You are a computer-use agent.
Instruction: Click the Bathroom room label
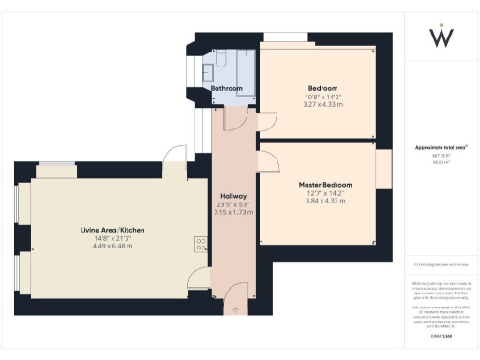226,89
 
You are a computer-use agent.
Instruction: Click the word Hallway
233,196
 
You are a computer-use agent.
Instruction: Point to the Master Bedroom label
325,185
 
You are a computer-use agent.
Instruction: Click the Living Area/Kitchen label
112,230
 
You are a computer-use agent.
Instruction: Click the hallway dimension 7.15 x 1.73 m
233,212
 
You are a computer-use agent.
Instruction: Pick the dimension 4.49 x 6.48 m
112,246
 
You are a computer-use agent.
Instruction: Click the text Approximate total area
440,148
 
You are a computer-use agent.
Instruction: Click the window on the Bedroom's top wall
289,37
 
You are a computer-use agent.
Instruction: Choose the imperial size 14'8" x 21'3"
112,238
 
